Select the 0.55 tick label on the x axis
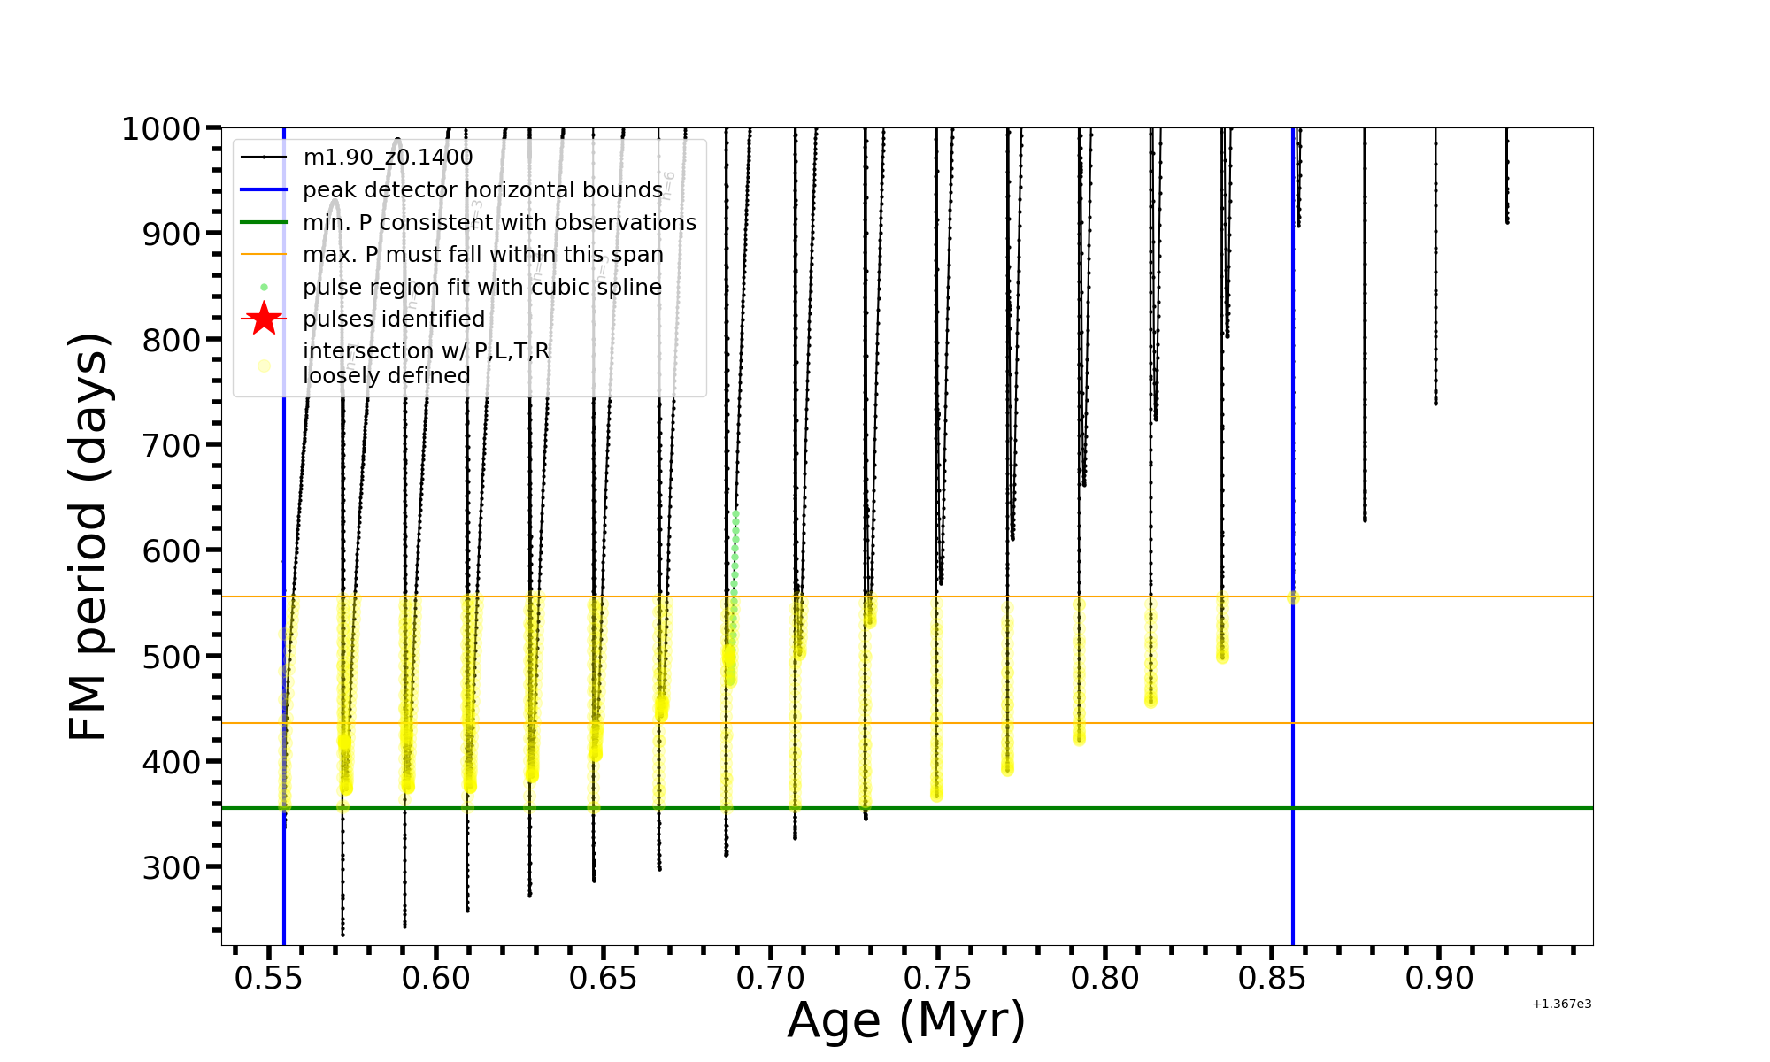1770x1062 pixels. (x=268, y=978)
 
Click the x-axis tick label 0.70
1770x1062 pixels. (x=771, y=978)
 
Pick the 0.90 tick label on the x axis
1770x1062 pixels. (x=1439, y=978)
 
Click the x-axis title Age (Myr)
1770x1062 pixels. (x=906, y=1020)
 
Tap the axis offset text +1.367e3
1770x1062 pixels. (x=1561, y=1004)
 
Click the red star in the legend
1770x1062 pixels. (x=264, y=319)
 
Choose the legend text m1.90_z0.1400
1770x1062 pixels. (x=388, y=158)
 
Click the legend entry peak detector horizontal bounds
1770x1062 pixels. (x=482, y=190)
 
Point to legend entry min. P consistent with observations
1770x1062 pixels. (x=499, y=223)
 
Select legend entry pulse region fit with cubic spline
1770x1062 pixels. (x=482, y=288)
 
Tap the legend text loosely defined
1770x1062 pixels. (x=387, y=376)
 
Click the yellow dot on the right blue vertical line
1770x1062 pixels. (x=1292, y=597)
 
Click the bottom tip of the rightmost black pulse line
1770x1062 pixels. (x=1507, y=221)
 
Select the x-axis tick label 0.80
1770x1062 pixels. (x=1104, y=978)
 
